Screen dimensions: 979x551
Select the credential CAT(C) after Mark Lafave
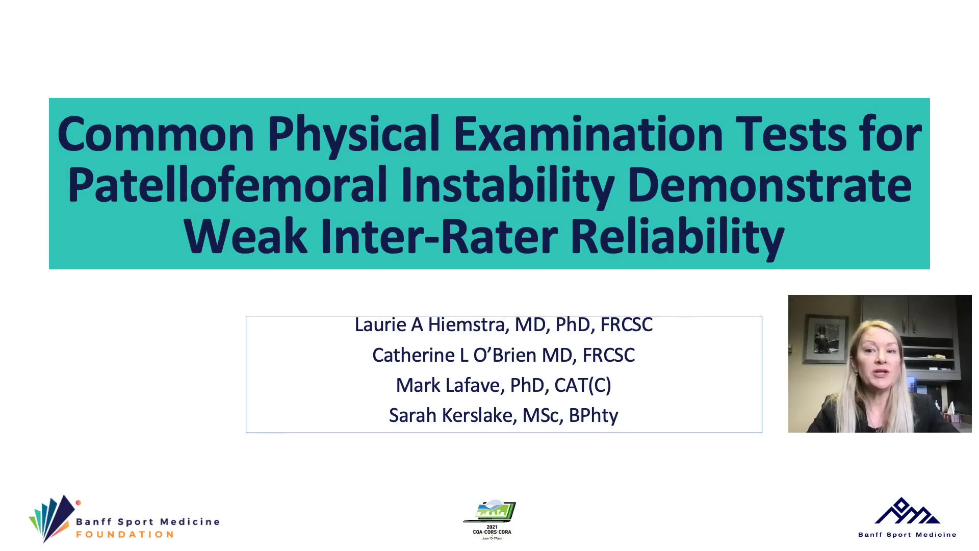[x=582, y=385]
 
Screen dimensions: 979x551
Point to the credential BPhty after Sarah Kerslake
[x=593, y=416]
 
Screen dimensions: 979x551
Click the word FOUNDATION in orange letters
[x=125, y=534]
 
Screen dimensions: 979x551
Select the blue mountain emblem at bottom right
[x=907, y=511]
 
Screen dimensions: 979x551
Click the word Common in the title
[x=156, y=134]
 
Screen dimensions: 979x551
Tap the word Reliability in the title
[x=678, y=237]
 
